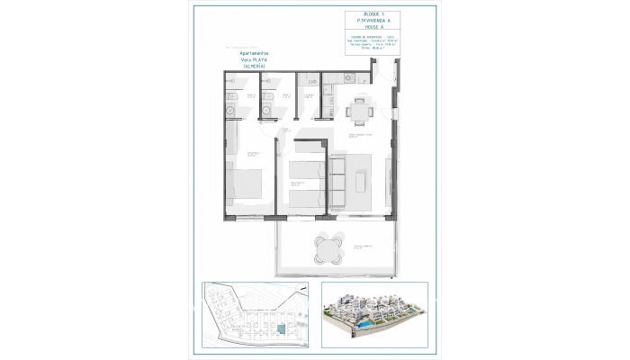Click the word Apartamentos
[255, 53]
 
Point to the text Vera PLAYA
[255, 60]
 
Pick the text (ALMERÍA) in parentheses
[255, 67]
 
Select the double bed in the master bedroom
[244, 185]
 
